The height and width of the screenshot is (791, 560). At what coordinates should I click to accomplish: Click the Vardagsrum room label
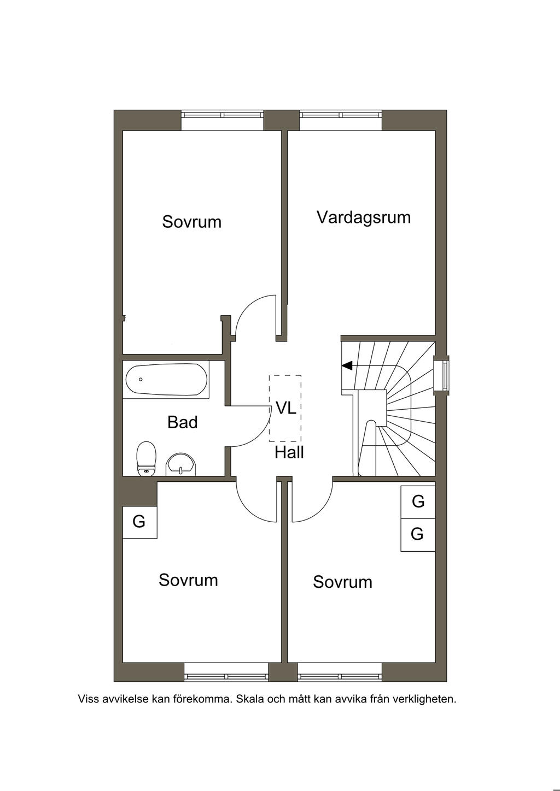click(x=363, y=217)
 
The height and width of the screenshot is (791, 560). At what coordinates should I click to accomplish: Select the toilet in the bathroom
click(x=147, y=459)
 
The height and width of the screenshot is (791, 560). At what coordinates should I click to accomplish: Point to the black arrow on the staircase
click(x=347, y=365)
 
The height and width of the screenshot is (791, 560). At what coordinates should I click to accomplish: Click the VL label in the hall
click(x=285, y=408)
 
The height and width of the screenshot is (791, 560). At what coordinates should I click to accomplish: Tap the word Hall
click(x=289, y=452)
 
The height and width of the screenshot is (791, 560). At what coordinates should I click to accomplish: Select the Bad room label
click(x=182, y=422)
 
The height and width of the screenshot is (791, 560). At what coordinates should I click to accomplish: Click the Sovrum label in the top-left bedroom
click(x=191, y=222)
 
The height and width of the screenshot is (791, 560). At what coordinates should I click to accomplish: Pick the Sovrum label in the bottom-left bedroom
click(x=188, y=580)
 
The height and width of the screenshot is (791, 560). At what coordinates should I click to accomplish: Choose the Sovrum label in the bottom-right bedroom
click(x=342, y=582)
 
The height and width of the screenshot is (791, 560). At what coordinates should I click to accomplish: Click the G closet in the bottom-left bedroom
click(x=139, y=522)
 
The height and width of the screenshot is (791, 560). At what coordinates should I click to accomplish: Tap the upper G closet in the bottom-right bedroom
click(x=418, y=501)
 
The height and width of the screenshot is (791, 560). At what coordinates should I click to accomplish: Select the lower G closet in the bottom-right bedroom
click(x=417, y=534)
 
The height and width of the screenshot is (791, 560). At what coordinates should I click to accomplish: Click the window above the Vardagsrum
click(x=340, y=115)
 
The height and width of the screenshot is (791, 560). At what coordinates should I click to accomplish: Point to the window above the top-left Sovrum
click(x=222, y=115)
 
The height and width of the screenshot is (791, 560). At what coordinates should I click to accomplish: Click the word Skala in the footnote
click(x=249, y=699)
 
